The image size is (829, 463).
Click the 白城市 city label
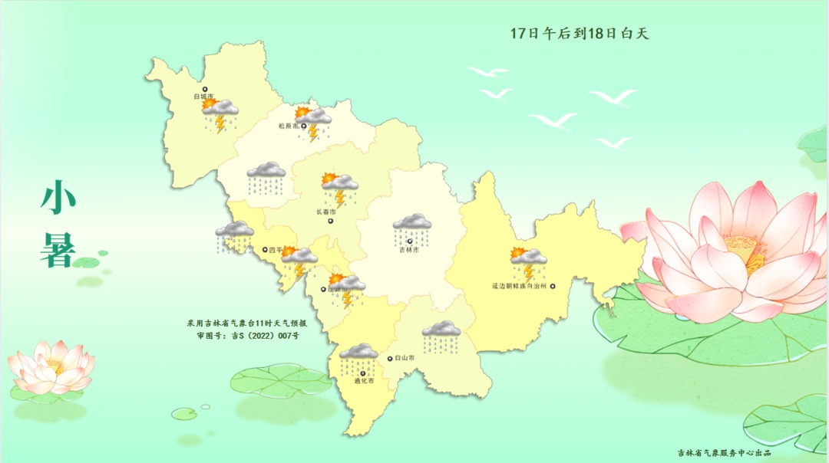[x=203, y=97]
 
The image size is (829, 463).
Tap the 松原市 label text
[x=288, y=126]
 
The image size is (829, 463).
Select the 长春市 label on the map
[x=326, y=212]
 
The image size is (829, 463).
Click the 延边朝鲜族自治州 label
[x=519, y=286]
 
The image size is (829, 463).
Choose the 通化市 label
[x=364, y=380]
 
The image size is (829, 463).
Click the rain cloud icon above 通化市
[x=358, y=358]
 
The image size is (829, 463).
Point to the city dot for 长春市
[x=331, y=222]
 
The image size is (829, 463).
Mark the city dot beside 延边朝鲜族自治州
[x=552, y=286]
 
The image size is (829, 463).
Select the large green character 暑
[x=58, y=250]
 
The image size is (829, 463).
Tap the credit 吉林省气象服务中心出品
[x=724, y=453]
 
